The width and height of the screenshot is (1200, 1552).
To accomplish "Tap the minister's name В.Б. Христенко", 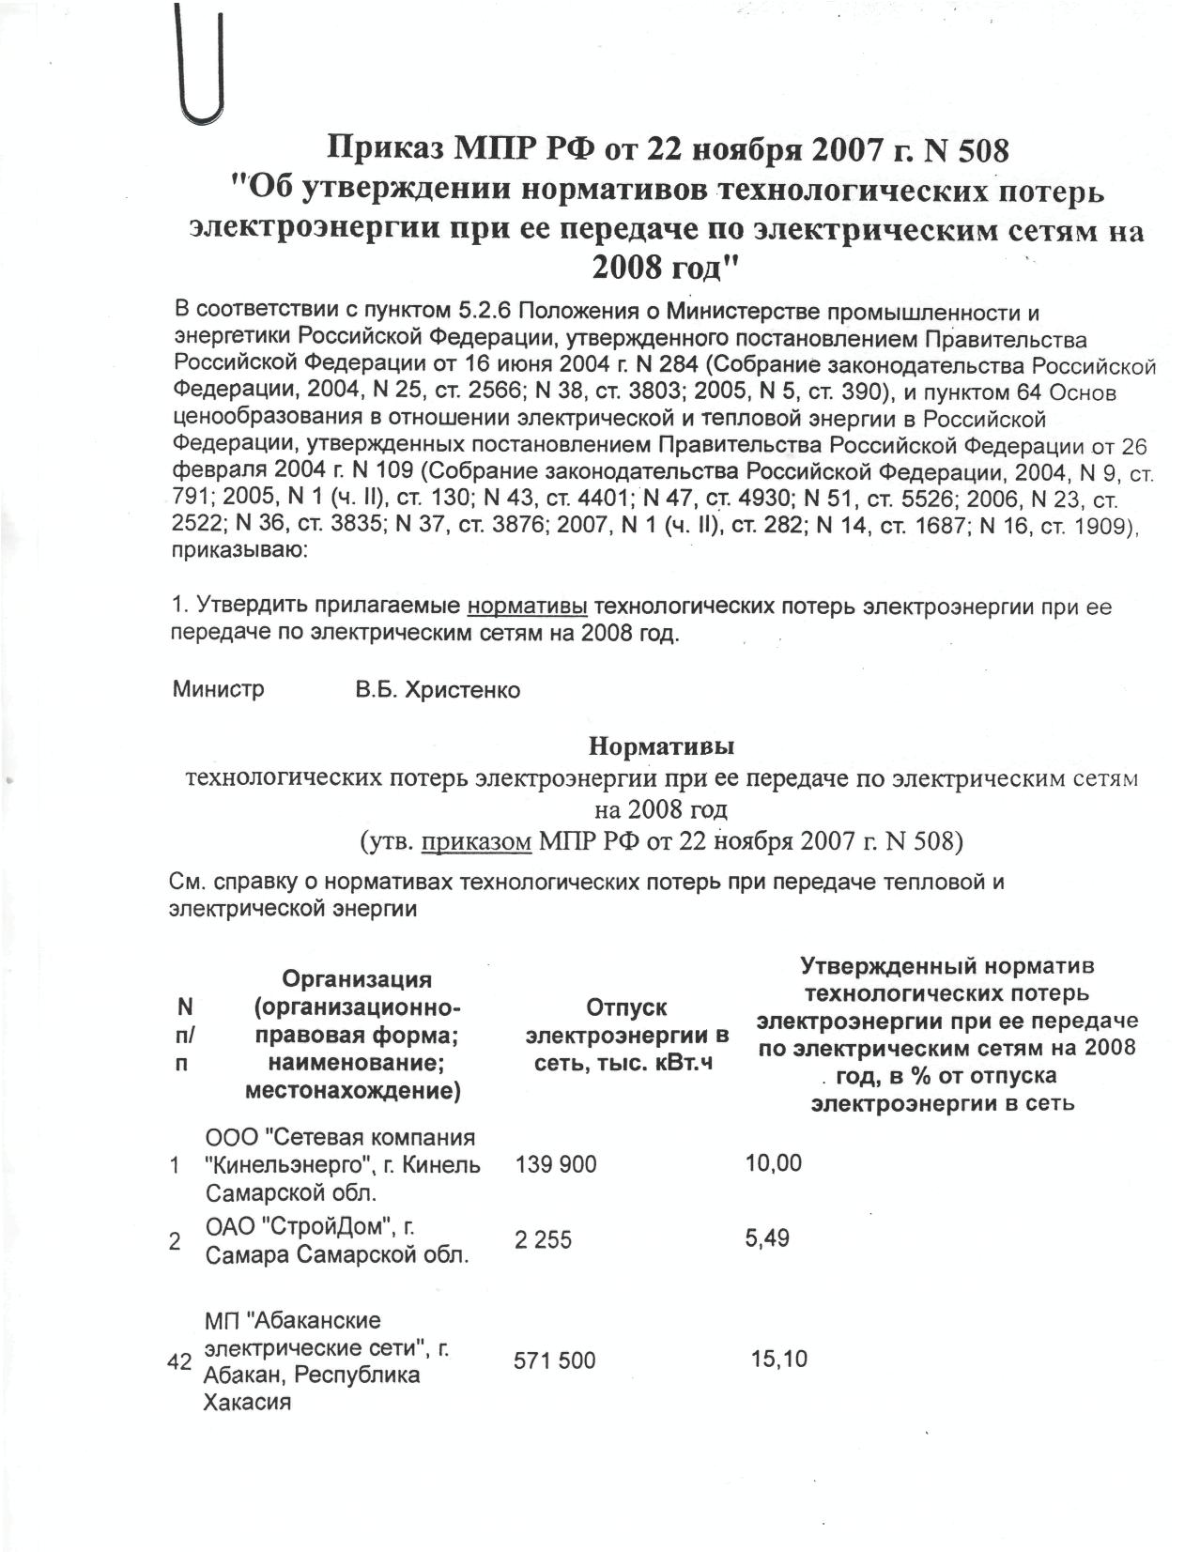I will click(437, 691).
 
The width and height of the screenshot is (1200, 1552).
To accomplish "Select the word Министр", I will click(219, 690).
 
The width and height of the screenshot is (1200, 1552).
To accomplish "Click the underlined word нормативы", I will click(527, 607).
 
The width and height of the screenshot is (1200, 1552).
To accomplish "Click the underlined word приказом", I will click(477, 841).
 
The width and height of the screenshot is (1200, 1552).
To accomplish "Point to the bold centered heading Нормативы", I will click(661, 747).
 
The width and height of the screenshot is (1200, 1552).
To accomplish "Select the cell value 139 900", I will click(556, 1165).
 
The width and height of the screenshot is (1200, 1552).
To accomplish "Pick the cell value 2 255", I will click(543, 1239).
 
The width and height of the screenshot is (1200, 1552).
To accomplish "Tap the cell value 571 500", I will click(554, 1360).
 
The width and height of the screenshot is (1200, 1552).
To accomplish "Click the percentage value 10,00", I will click(774, 1164).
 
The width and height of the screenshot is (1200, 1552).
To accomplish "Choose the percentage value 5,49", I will click(767, 1238).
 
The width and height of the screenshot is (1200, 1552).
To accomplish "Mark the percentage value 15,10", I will click(779, 1360).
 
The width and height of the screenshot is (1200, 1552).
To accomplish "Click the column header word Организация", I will click(358, 980).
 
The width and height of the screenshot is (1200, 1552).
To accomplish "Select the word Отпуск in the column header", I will click(626, 1008).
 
